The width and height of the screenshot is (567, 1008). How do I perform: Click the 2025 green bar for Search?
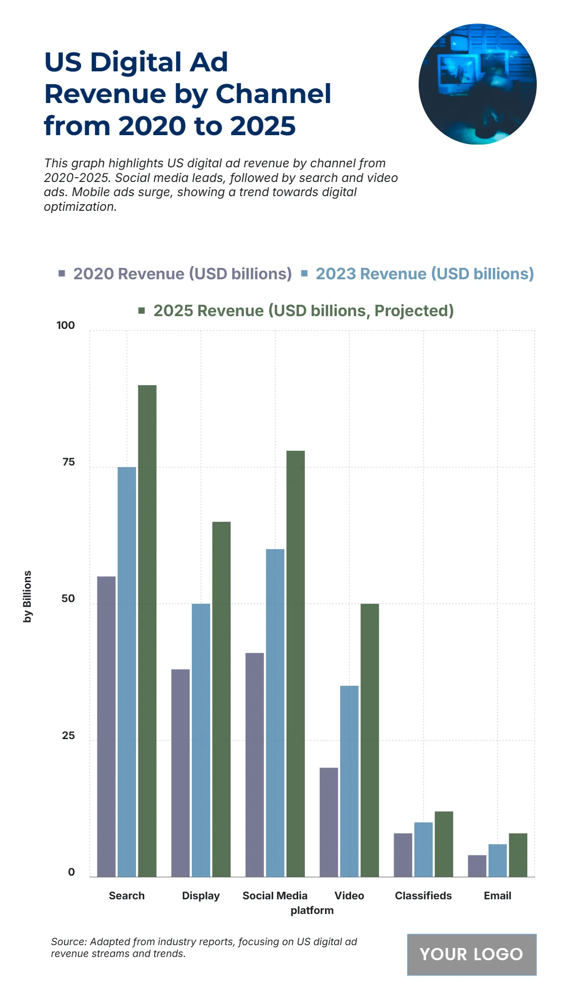[x=147, y=631]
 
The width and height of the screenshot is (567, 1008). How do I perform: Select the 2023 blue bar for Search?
[x=127, y=672]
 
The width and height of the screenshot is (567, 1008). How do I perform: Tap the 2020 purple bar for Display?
[x=180, y=773]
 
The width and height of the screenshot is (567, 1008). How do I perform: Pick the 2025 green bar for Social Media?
[x=295, y=663]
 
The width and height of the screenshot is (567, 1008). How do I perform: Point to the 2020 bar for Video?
[x=329, y=822]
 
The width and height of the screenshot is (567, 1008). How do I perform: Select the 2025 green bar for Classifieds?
[x=444, y=844]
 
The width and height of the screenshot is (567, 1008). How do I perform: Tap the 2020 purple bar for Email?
[x=477, y=866]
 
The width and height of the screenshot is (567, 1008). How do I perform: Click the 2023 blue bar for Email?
[x=498, y=860]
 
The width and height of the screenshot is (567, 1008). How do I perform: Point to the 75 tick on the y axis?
[x=69, y=462]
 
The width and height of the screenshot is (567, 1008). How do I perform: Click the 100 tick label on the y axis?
[x=66, y=325]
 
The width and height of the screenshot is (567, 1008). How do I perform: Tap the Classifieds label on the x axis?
[x=423, y=896]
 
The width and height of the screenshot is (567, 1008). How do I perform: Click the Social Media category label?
[x=275, y=896]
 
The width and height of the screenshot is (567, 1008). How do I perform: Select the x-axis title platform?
[x=312, y=910]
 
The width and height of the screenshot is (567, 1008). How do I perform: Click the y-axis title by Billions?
[x=27, y=596]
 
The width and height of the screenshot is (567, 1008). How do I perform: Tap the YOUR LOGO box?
[x=472, y=954]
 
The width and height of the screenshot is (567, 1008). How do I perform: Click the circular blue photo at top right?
[x=477, y=84]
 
